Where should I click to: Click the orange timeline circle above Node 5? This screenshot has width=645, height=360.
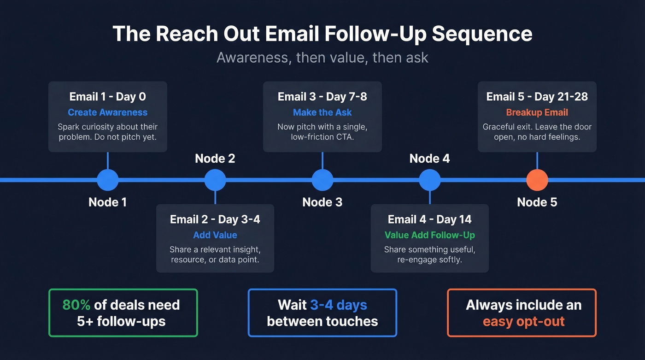(537, 180)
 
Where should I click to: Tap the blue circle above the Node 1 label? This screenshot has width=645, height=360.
(108, 180)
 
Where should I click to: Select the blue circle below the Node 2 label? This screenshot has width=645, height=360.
(215, 180)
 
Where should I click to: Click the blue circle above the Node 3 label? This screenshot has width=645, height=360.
(322, 180)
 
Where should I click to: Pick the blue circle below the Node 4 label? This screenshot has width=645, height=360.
(430, 180)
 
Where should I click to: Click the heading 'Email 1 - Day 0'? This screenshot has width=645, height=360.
(108, 97)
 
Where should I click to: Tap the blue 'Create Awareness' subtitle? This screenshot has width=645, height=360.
(108, 112)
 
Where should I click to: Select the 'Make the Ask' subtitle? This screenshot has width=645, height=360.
(322, 112)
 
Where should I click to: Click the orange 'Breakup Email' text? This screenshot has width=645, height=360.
(537, 112)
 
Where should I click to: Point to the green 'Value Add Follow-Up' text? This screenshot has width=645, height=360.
(430, 235)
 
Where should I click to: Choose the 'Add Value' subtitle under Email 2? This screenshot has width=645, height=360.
(215, 235)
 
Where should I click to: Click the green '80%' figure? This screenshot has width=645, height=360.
(76, 305)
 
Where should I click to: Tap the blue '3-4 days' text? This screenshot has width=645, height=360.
(339, 305)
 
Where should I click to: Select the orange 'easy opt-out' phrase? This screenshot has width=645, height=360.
(524, 321)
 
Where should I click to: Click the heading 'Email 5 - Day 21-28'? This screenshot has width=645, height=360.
(537, 97)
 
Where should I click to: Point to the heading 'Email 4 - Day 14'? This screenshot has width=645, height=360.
(430, 219)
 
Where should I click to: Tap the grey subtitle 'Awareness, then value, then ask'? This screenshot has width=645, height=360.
(322, 58)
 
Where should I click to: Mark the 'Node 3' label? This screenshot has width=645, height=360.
(322, 202)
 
